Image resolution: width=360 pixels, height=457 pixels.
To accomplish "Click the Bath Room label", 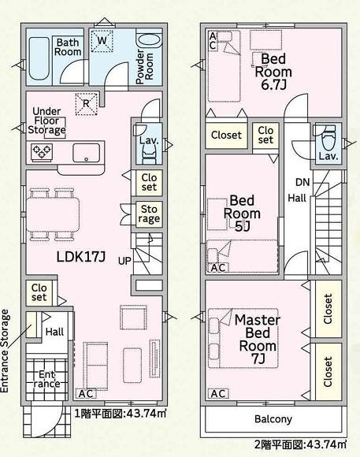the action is click(x=68, y=47).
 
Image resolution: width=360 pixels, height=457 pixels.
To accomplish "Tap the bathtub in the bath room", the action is click(x=39, y=58).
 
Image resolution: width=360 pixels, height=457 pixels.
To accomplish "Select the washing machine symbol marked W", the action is click(x=102, y=41).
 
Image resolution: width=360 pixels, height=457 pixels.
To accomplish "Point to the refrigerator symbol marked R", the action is click(x=86, y=104).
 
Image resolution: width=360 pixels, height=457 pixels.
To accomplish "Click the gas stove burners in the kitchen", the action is click(x=42, y=152).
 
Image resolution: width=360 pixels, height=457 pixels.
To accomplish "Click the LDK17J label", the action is click(x=80, y=257).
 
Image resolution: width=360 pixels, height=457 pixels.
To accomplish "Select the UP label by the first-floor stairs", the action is click(x=124, y=261).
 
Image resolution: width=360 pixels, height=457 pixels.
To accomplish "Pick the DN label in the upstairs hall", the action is click(x=302, y=183).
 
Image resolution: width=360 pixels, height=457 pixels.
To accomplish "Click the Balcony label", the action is click(x=273, y=419).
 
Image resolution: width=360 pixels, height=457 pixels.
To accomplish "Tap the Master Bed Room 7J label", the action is click(x=258, y=339).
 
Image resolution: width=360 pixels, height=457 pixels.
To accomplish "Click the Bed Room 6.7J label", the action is click(x=273, y=72).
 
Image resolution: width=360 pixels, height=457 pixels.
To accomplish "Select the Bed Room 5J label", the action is click(x=242, y=213).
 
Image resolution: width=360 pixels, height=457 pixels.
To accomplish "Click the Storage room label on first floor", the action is click(x=149, y=214).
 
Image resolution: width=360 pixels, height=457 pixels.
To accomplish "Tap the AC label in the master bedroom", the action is click(x=218, y=394).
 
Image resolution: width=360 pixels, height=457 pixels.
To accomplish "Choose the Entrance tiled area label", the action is click(x=46, y=379).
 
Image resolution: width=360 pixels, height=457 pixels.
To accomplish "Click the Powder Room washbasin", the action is click(x=149, y=41).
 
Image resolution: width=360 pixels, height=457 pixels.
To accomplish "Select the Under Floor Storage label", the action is click(x=46, y=121).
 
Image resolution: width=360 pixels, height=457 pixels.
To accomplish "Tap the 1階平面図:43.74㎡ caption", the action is click(x=121, y=414).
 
